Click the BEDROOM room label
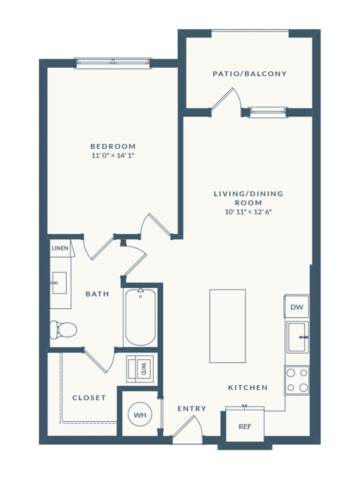pyautogui.click(x=113, y=146)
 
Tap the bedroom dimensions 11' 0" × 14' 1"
pyautogui.click(x=113, y=156)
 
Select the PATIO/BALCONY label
pyautogui.click(x=250, y=74)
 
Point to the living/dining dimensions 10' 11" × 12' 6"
pyautogui.click(x=249, y=212)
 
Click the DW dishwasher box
pyautogui.click(x=297, y=307)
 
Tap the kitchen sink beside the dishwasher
pyautogui.click(x=298, y=337)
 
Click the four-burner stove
pyautogui.click(x=297, y=380)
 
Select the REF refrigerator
pyautogui.click(x=245, y=426)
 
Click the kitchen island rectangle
pyautogui.click(x=227, y=326)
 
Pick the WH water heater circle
pyautogui.click(x=140, y=415)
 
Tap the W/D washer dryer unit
pyautogui.click(x=140, y=369)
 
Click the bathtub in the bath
pyautogui.click(x=140, y=317)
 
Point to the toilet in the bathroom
pyautogui.click(x=63, y=330)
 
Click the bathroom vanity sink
pyautogui.click(x=59, y=283)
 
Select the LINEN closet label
pyautogui.click(x=60, y=248)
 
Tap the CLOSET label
pyautogui.click(x=89, y=398)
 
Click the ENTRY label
pyautogui.click(x=192, y=409)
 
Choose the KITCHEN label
pyautogui.click(x=248, y=388)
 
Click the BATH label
pyautogui.click(x=98, y=294)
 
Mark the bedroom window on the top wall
pyautogui.click(x=113, y=63)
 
